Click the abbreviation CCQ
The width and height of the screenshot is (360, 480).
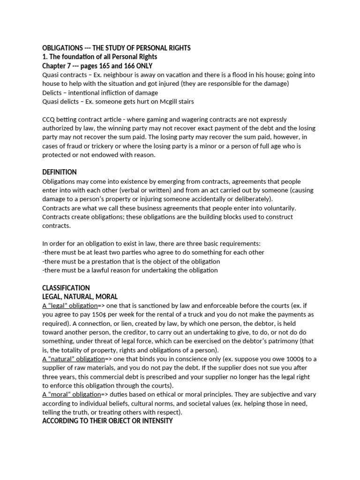click(x=49, y=120)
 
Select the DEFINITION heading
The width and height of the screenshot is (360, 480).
click(x=60, y=172)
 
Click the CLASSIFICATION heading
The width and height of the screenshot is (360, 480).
click(x=66, y=287)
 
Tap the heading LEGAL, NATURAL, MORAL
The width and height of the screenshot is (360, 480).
click(x=80, y=297)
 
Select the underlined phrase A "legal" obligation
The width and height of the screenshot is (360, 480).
click(x=70, y=306)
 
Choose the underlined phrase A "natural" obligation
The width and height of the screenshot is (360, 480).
click(x=74, y=359)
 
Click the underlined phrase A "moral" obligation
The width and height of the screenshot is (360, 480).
click(x=72, y=395)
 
